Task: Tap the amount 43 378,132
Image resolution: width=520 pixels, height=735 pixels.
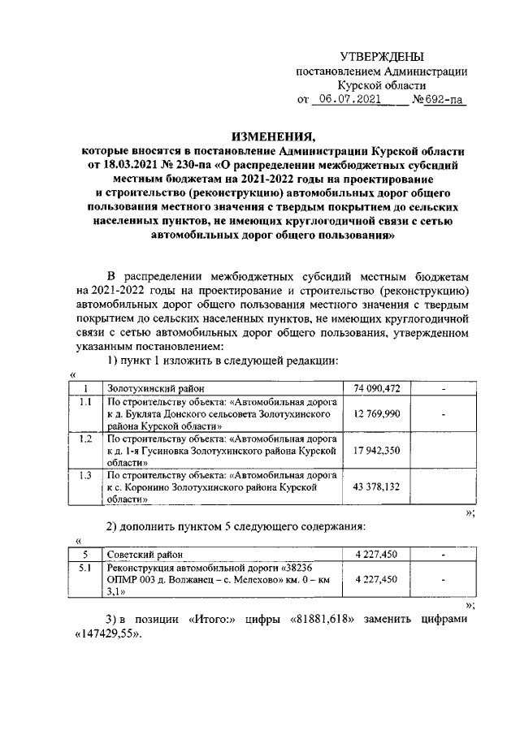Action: point(378,485)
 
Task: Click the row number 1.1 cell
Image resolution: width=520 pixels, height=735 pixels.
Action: point(86,402)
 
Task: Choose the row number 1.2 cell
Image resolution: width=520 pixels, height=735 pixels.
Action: point(86,438)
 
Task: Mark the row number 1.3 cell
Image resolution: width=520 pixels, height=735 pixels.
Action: point(86,474)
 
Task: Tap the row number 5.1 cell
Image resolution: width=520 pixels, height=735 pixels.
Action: point(86,568)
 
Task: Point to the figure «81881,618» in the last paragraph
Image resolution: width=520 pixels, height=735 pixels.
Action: point(329,620)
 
